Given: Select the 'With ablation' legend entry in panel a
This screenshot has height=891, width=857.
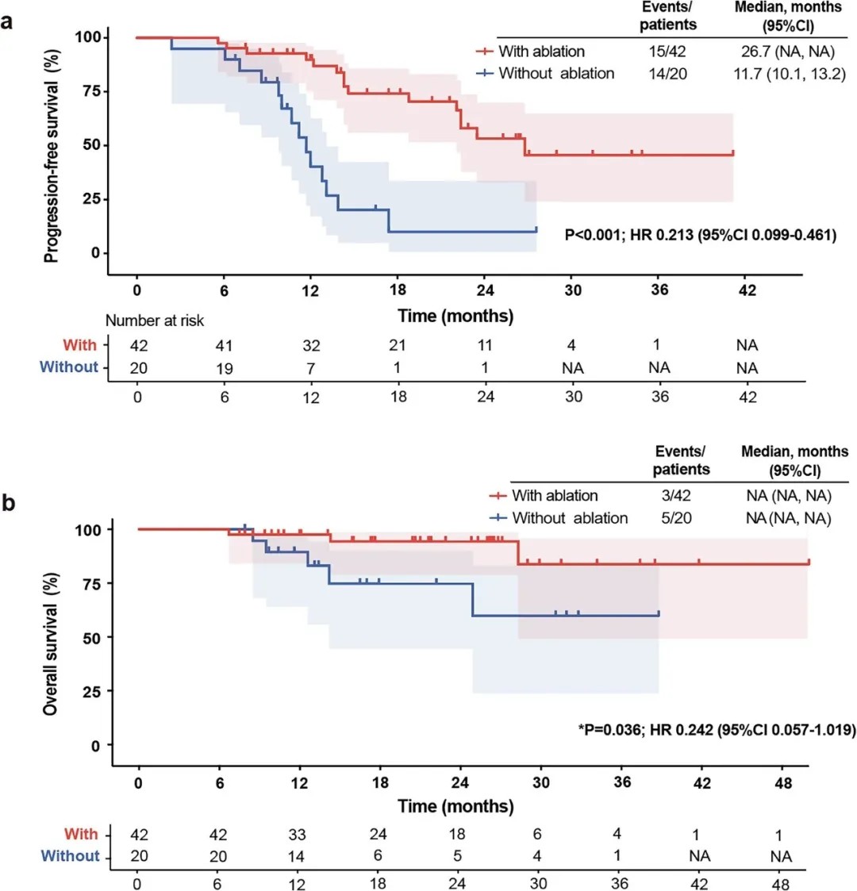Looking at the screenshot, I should pos(541,52).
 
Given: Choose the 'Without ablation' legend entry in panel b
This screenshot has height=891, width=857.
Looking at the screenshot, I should pos(569,518).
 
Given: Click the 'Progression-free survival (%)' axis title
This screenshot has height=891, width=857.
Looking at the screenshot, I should pos(52,148).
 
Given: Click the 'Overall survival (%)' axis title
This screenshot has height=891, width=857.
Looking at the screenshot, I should pos(52,636).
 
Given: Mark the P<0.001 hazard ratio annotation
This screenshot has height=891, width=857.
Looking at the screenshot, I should pos(701,235).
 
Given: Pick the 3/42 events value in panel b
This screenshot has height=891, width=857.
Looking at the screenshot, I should pos(681,496).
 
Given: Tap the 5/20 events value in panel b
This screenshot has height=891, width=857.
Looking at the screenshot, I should pos(681,518).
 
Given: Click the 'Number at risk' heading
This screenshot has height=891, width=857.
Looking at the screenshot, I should pos(156,321).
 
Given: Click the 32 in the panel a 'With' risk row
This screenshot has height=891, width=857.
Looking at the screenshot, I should pos(311,345).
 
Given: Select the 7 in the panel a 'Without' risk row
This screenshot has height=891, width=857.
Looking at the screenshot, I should pos(311,367).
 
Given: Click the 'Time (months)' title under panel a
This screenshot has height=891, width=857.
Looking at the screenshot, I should pos(455,316).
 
